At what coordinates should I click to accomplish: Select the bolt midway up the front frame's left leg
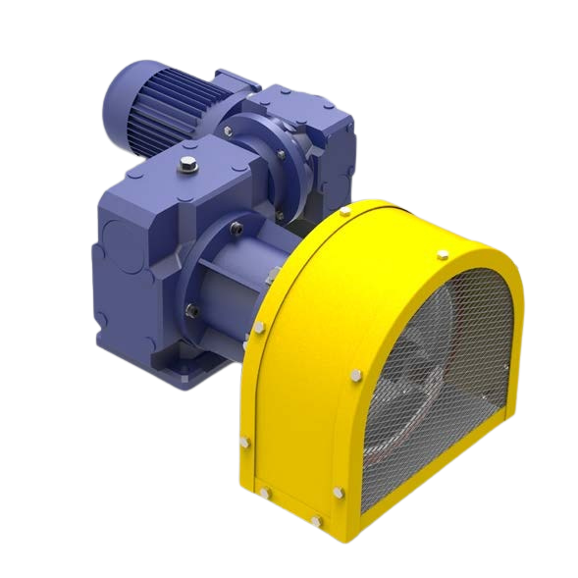(351, 374)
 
